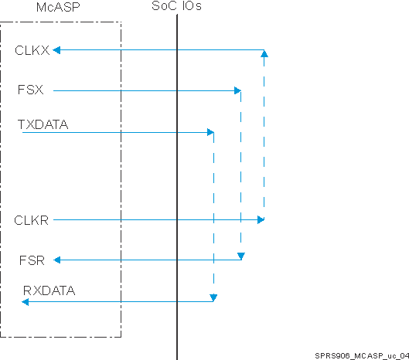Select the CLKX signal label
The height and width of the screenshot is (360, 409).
tap(32, 50)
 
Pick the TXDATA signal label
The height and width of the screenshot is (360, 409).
tap(43, 123)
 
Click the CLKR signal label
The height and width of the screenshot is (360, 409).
tap(32, 220)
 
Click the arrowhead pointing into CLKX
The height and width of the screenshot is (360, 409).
tap(56, 50)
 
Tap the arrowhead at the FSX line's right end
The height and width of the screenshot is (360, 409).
tap(237, 90)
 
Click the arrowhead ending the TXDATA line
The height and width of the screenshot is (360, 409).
tap(210, 133)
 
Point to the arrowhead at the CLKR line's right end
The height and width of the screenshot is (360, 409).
tap(261, 220)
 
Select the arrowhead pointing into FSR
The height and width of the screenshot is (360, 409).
tap(56, 260)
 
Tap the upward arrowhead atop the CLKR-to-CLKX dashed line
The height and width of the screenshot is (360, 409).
tap(265, 54)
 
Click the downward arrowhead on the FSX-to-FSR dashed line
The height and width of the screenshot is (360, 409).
tap(241, 256)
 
